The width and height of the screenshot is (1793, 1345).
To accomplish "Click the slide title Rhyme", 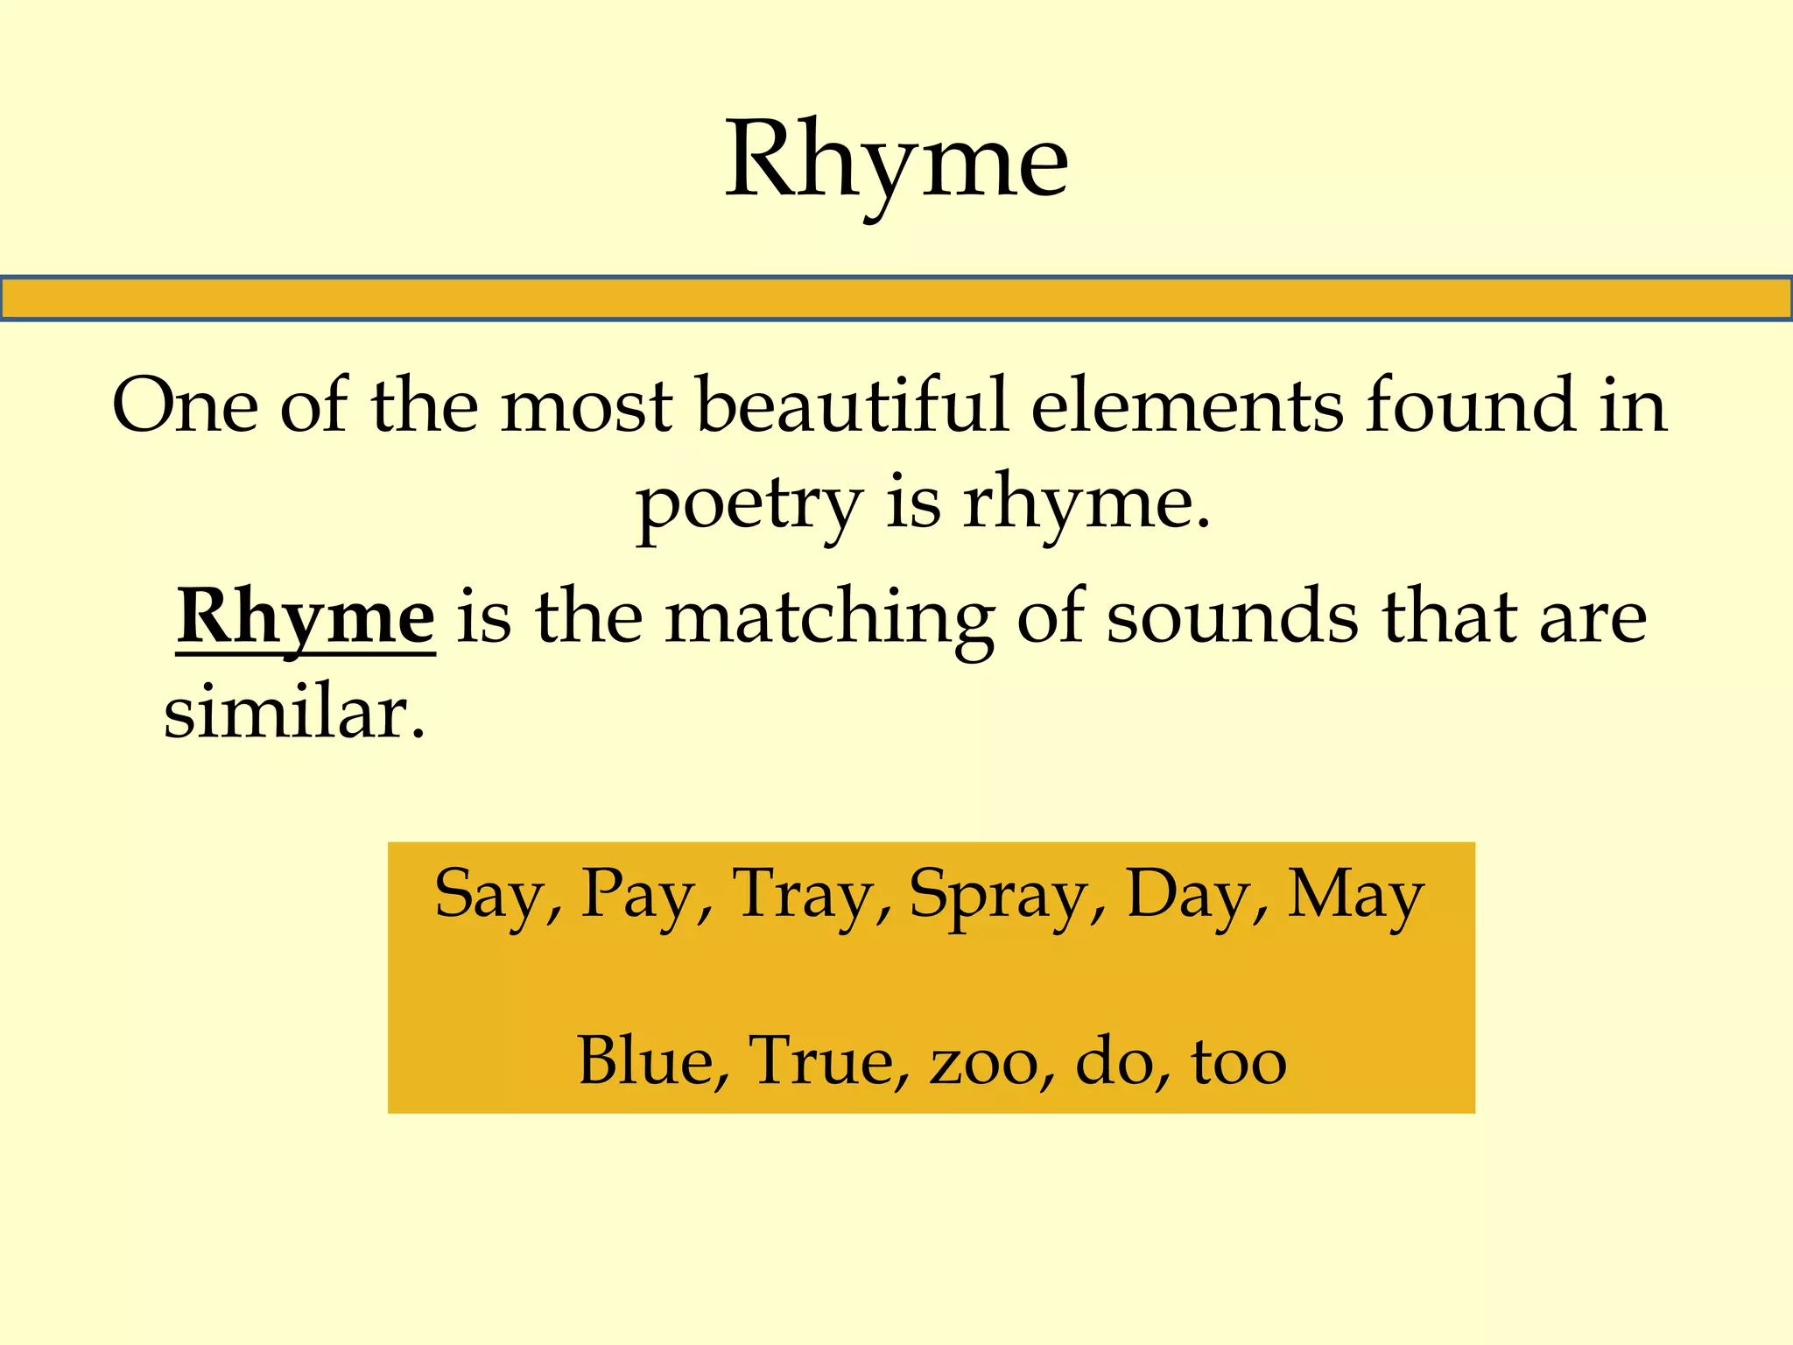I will coord(896,163).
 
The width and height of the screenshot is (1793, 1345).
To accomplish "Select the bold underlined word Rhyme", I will coord(306,618).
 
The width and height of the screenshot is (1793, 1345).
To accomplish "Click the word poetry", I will coord(749,506).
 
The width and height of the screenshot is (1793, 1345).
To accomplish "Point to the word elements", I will coord(1187,406).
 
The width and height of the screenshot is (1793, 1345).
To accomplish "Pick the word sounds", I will coord(1233,618).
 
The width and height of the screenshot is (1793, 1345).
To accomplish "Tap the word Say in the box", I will coord(491,895).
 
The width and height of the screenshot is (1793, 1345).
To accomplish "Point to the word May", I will coord(1355,895).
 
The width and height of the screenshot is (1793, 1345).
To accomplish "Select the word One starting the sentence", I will coord(186,406).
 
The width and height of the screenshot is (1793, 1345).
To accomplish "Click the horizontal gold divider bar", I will coord(896,299).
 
